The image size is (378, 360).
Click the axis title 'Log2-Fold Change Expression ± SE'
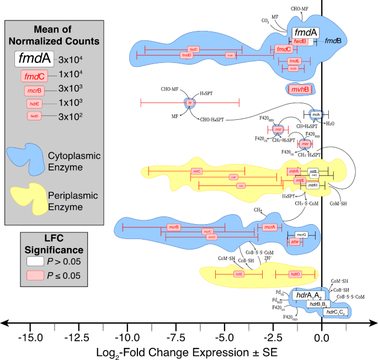[187, 351]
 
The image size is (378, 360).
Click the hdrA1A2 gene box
[310, 296]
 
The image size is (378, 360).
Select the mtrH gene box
[313, 186]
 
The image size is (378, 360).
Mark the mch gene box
[316, 115]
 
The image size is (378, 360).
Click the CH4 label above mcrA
[257, 210]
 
